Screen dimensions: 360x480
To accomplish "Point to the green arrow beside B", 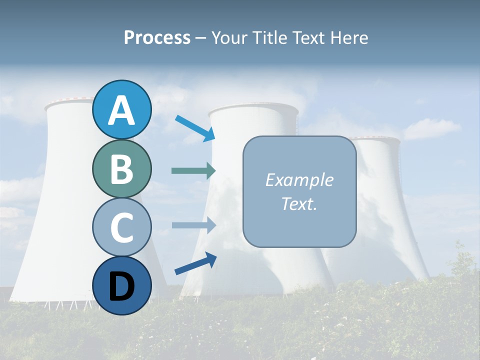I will pos(193,171).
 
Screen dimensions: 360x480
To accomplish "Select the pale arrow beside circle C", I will pos(193,225).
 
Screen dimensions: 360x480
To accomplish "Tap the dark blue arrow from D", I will pos(195,263).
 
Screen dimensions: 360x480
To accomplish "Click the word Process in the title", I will pos(157,38).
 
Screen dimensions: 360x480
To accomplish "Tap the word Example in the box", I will pos(299,180).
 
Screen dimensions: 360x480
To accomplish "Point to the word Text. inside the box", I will pos(299,203).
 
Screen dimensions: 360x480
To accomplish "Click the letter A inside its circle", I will pos(121,110).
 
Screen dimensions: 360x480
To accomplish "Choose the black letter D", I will pos(121,286).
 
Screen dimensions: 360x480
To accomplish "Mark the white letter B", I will pos(121,169).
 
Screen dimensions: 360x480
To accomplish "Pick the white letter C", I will pos(121,227).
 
